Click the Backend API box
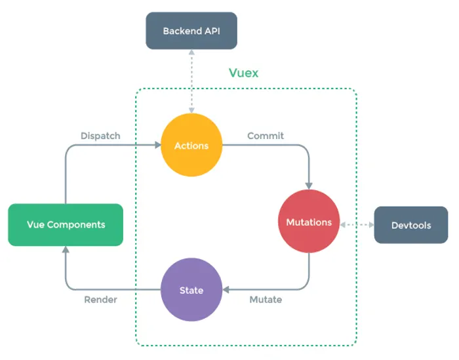(x=191, y=31)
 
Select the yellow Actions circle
(x=191, y=145)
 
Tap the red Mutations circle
(x=309, y=222)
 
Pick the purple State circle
(x=191, y=290)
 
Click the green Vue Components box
(x=66, y=225)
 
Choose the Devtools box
(x=411, y=225)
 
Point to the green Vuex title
(x=243, y=73)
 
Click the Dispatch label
(x=100, y=136)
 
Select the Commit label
(x=266, y=136)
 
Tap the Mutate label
(x=266, y=300)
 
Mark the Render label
(x=100, y=300)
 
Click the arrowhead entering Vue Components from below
(x=66, y=250)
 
